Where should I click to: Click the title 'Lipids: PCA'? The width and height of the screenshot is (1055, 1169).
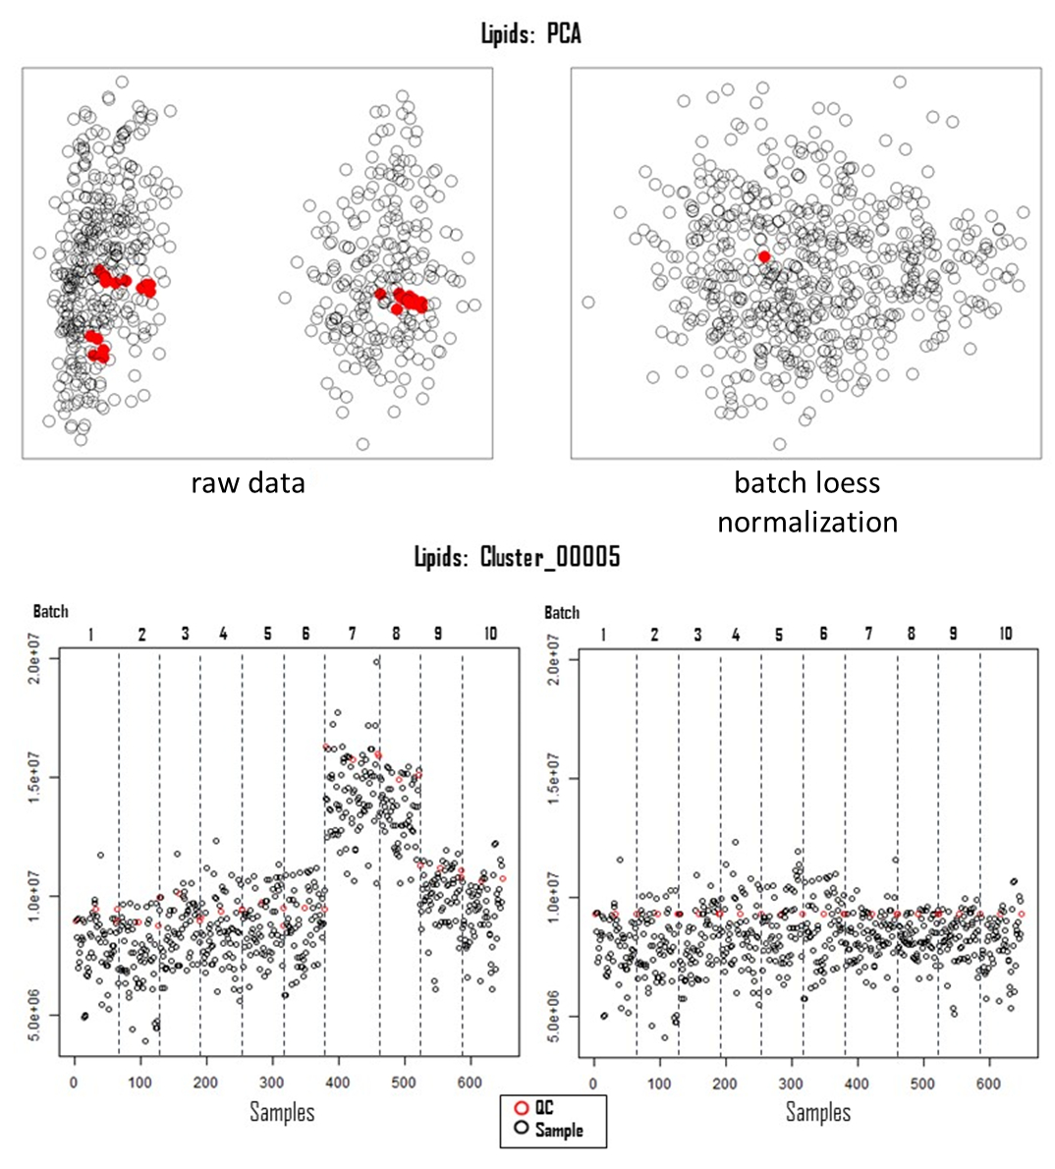pos(530,33)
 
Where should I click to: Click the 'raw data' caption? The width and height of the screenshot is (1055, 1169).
pos(248,482)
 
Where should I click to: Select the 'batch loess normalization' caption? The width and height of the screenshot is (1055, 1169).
pos(806,501)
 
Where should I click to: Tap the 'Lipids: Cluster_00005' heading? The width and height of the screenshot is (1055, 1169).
pos(517,558)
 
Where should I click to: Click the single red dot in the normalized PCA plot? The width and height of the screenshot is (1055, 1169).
pos(764,256)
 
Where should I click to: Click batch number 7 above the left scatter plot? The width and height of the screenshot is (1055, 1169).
pos(352,634)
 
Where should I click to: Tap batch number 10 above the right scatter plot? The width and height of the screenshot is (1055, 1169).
pos(1005,634)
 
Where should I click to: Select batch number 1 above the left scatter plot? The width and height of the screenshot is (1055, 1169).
pos(90,634)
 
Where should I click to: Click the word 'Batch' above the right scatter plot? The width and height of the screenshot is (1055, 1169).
pos(562,612)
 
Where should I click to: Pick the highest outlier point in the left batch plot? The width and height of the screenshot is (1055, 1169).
pos(375,662)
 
